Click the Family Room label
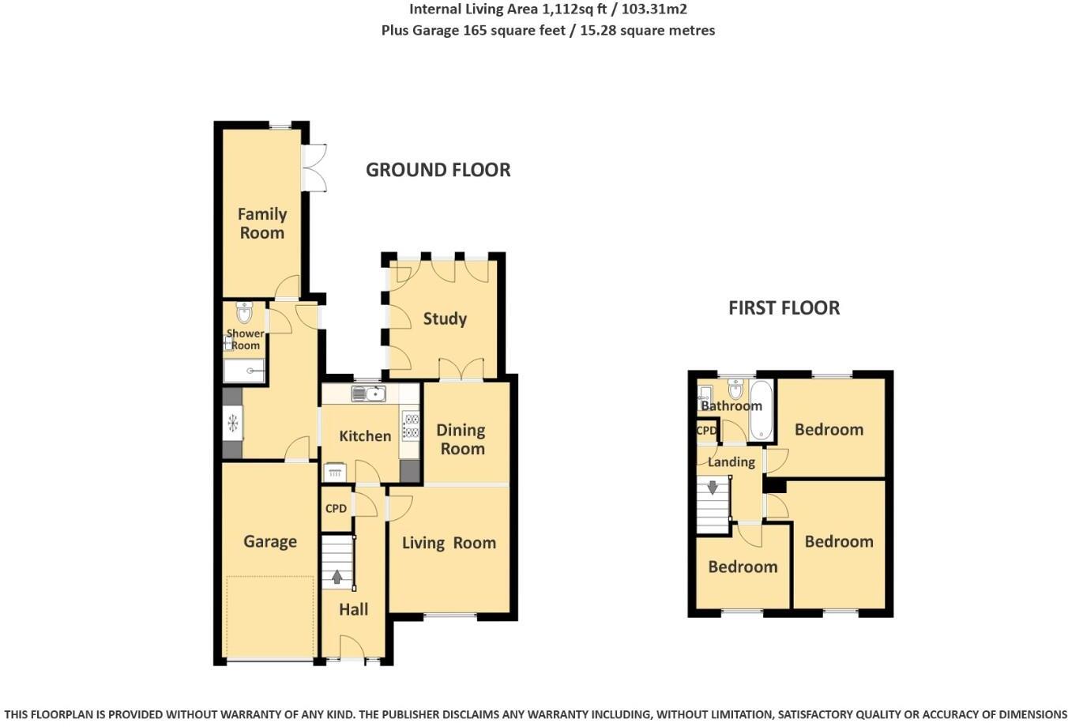point(261,223)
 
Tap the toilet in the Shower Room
point(244,313)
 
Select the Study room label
point(445,318)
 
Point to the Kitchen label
point(365,435)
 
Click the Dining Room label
point(461,439)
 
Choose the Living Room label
point(449,543)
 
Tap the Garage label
point(270,541)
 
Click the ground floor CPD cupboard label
point(337,508)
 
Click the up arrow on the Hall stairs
point(337,578)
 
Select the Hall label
point(353,609)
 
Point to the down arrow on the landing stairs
point(713,488)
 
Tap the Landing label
point(731,461)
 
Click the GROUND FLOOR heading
point(438,170)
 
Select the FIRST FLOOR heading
point(784,308)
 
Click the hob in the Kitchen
point(410,426)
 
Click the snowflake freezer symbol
point(233,424)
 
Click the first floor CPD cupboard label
point(706,431)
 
